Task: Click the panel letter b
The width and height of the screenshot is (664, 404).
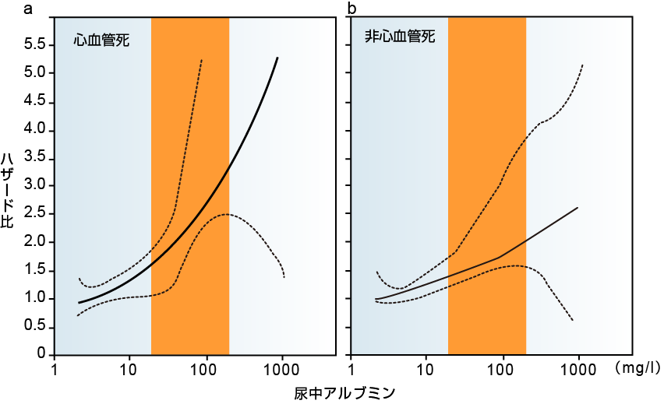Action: point(351,9)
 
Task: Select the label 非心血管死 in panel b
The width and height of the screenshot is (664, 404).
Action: point(400,37)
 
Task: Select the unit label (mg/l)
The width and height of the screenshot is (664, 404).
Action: point(637,365)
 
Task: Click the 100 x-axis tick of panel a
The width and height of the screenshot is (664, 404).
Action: point(207,367)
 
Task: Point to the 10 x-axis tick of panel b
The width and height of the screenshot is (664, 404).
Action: point(426,367)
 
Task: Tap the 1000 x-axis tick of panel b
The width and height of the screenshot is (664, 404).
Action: point(578,367)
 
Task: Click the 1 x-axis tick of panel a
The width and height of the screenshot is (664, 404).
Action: point(55,367)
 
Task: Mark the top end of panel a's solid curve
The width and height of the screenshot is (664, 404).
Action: point(277,58)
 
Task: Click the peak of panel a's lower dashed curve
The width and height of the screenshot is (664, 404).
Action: point(226,214)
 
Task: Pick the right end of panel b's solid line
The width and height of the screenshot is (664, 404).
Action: point(577,208)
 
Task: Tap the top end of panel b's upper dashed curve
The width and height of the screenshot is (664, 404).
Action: point(583,65)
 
